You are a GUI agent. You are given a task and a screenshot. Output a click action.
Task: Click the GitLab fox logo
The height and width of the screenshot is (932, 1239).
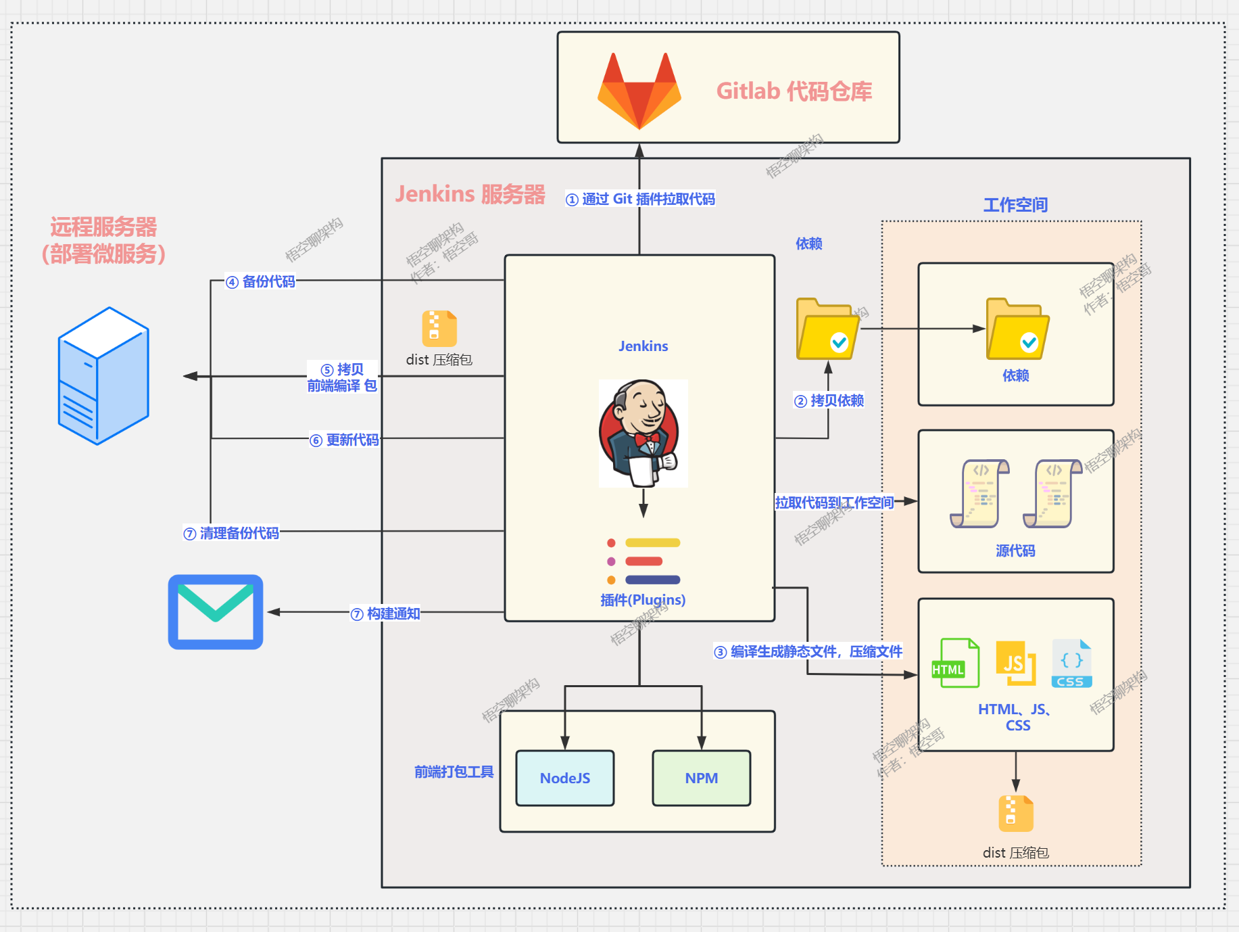click(x=639, y=91)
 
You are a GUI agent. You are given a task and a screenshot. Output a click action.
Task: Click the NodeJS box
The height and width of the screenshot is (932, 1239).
click(x=565, y=778)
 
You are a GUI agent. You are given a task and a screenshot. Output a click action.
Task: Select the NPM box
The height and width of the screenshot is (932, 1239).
click(x=701, y=778)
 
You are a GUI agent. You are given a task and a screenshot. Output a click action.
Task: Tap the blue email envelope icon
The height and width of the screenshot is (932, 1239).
click(x=216, y=612)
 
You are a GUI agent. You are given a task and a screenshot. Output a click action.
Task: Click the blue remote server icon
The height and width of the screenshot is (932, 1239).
click(x=103, y=375)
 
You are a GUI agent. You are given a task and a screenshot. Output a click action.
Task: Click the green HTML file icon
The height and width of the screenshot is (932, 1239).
click(x=955, y=663)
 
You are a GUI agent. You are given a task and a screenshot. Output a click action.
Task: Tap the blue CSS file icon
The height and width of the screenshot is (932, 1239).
click(x=1071, y=663)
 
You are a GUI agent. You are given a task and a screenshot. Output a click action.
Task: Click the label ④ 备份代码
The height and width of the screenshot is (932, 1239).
click(x=261, y=281)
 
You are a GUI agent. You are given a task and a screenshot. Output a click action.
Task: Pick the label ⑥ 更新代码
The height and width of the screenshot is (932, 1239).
click(x=344, y=440)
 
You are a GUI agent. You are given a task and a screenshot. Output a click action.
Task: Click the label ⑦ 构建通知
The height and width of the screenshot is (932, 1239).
click(x=385, y=613)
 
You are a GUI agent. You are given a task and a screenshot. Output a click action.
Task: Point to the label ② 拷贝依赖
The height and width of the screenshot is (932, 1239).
click(x=829, y=400)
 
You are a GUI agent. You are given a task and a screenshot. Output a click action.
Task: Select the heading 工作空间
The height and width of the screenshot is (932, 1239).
click(x=1015, y=204)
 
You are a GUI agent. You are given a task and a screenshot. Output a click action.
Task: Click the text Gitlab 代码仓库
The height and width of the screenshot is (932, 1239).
click(x=794, y=91)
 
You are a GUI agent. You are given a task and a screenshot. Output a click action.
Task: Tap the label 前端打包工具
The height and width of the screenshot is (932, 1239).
click(x=454, y=772)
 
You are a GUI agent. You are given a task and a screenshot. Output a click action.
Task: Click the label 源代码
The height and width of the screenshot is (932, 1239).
click(x=1015, y=551)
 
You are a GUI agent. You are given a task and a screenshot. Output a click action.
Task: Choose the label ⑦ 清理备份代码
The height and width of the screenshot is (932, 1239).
click(x=231, y=533)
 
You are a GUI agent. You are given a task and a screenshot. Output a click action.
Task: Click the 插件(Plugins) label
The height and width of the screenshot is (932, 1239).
click(x=643, y=600)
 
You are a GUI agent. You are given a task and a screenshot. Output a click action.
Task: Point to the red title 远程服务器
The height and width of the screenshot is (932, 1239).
click(x=103, y=227)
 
